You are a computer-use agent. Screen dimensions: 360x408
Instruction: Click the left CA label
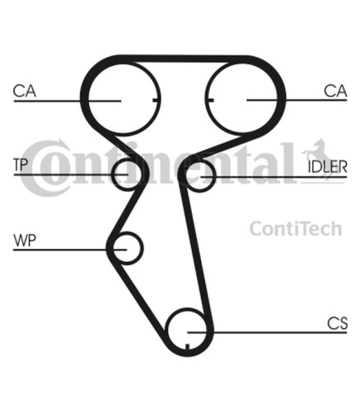tap(25, 91)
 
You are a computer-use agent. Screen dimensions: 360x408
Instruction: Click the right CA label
tap(335, 91)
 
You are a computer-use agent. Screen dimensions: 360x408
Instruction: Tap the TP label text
tap(21, 165)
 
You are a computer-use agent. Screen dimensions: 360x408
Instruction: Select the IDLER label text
tap(327, 166)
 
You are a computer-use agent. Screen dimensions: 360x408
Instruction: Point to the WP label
tap(25, 241)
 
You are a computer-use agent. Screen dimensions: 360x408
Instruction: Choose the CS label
tap(337, 323)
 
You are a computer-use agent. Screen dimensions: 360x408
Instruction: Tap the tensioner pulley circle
tap(112, 175)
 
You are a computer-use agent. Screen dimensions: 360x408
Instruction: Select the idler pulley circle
tap(215, 176)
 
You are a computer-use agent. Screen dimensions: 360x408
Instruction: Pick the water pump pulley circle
tap(143, 248)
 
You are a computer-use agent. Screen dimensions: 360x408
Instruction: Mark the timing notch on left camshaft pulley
tap(156, 100)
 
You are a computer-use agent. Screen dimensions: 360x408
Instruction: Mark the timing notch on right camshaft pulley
tap(210, 100)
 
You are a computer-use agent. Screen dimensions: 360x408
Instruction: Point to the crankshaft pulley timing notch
tap(188, 346)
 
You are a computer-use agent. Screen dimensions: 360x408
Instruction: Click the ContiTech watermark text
tap(296, 228)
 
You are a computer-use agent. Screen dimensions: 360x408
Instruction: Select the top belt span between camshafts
tap(182, 59)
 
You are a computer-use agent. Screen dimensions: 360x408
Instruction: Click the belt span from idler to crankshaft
tap(195, 247)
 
